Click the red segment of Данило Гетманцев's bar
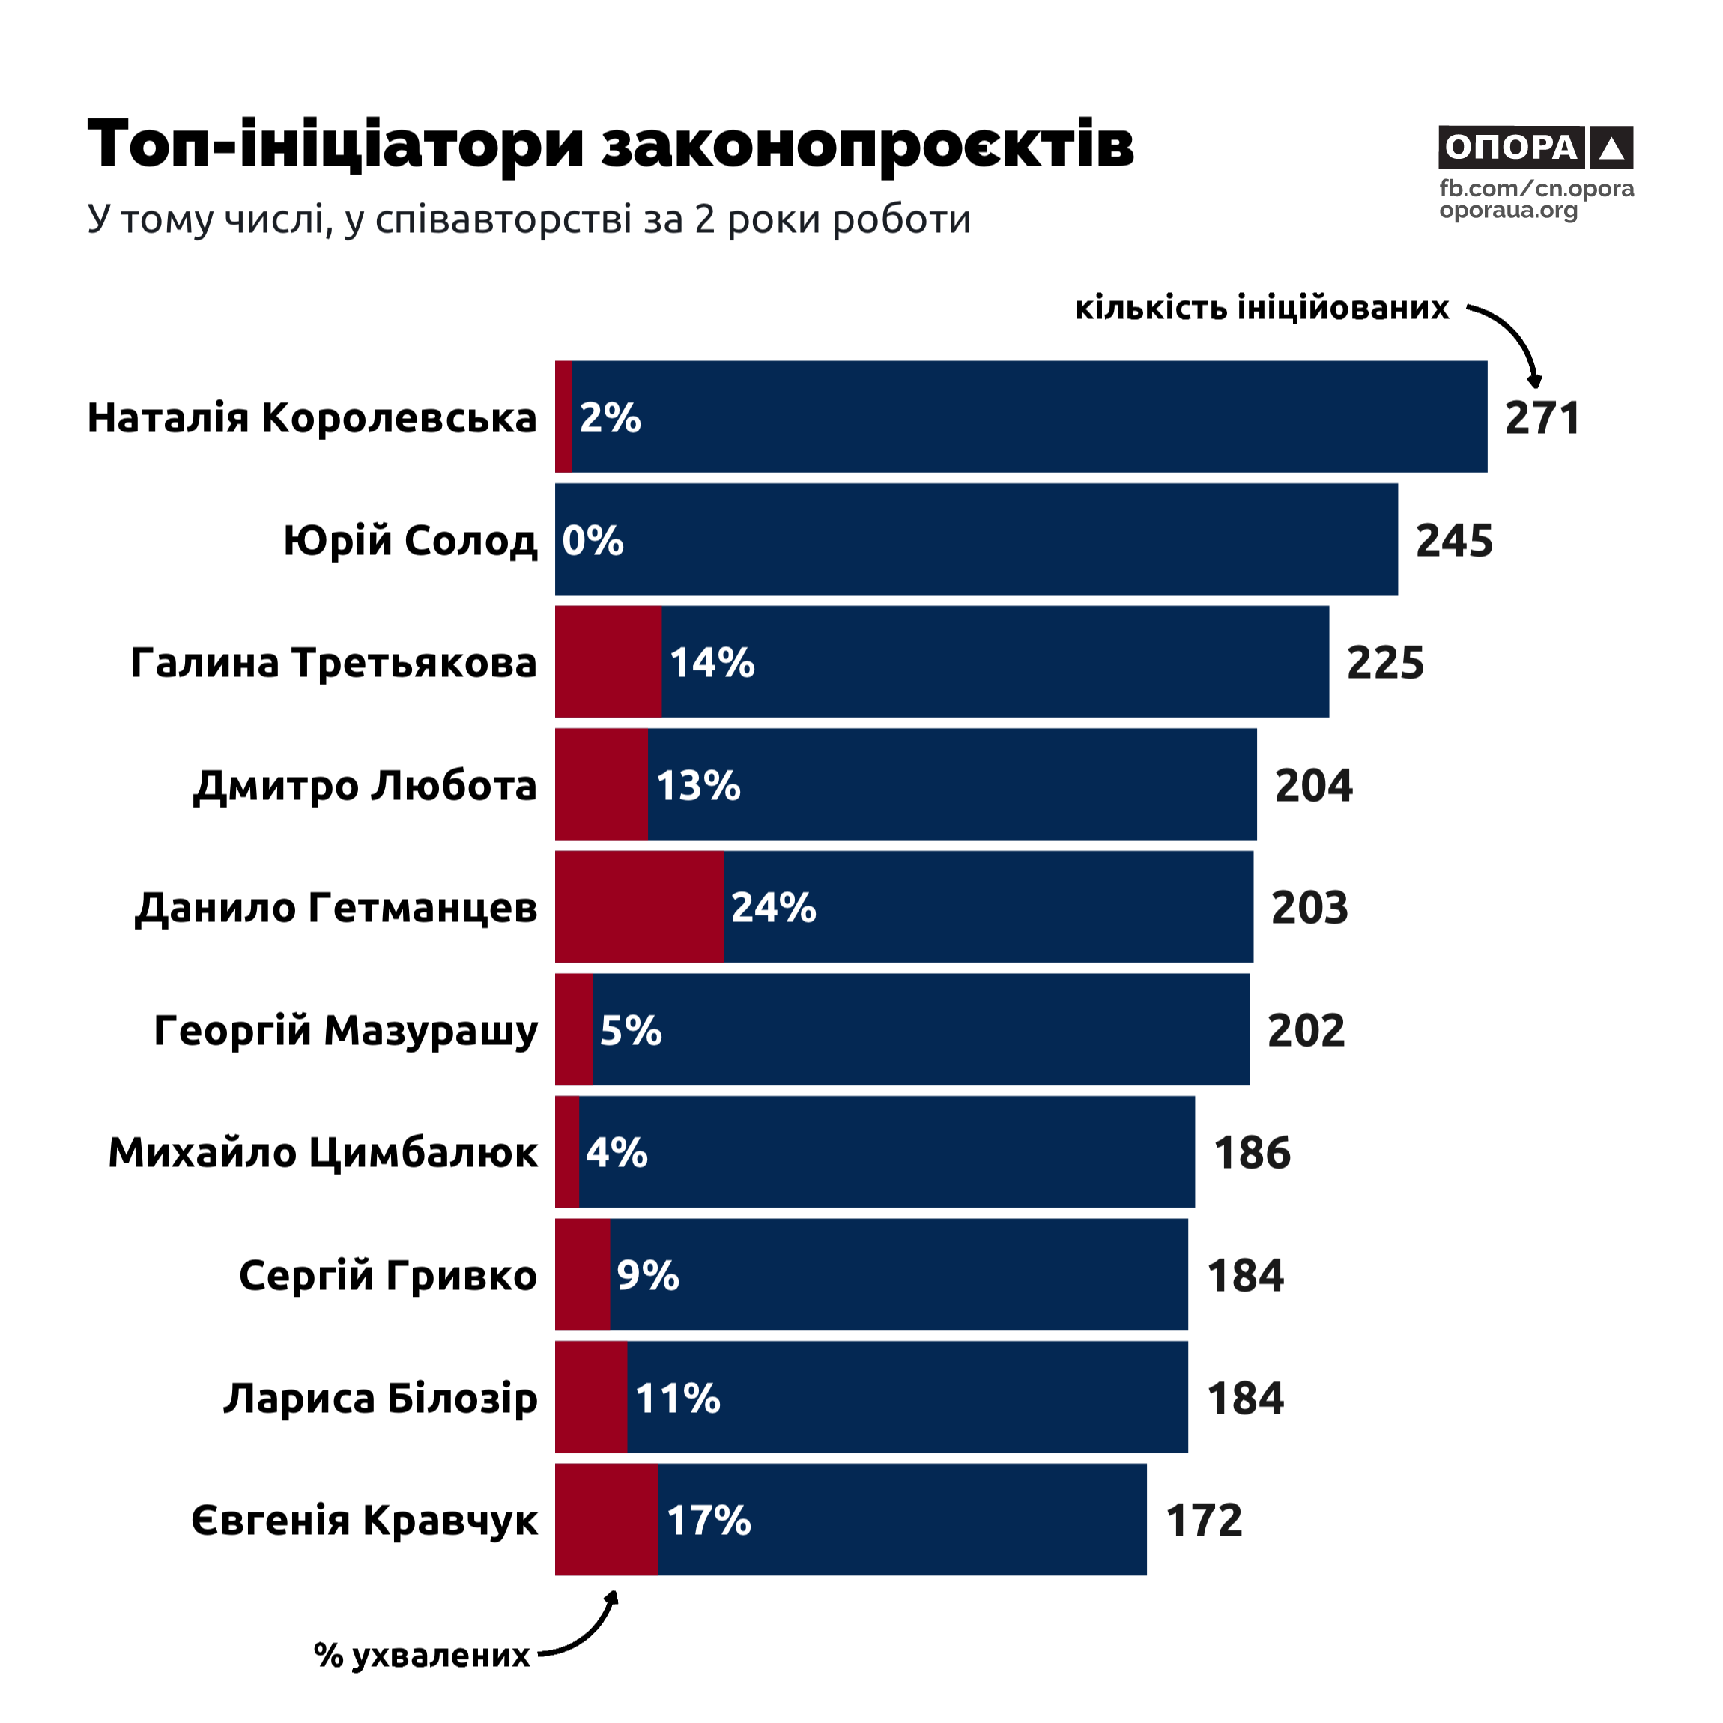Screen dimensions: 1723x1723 (x=638, y=907)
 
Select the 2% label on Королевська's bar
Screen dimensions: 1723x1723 (x=610, y=417)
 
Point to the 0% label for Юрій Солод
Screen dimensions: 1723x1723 (x=593, y=540)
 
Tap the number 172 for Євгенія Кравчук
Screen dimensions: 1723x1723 (x=1204, y=1521)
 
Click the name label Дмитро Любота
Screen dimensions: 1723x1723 (x=365, y=786)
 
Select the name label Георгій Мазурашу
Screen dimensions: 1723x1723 (x=346, y=1031)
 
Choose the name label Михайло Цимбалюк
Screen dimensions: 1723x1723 (x=323, y=1153)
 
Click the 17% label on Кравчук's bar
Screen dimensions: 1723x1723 (x=709, y=1521)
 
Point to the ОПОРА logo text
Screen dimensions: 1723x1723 (x=1511, y=147)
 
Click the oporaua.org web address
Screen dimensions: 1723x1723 (x=1508, y=211)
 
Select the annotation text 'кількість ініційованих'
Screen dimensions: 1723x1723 (x=1262, y=308)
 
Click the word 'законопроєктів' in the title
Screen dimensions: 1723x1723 (x=867, y=145)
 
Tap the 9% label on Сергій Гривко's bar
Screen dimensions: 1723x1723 (x=647, y=1275)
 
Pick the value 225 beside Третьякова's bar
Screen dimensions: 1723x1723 (x=1385, y=663)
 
